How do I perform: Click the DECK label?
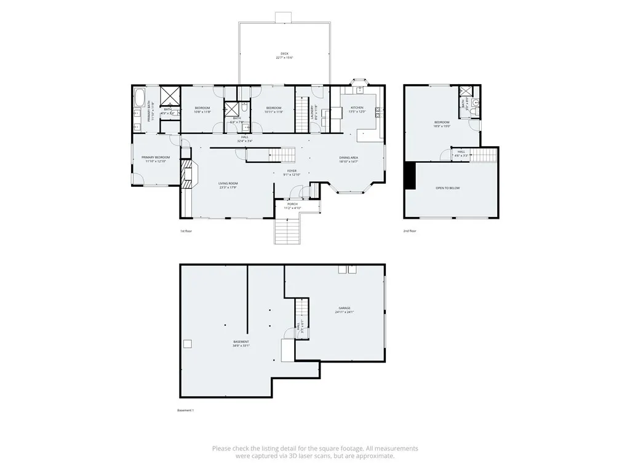(284, 54)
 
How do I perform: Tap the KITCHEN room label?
(357, 108)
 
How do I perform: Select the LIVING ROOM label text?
(228, 183)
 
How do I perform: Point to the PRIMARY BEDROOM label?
(156, 157)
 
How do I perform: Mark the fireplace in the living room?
(187, 175)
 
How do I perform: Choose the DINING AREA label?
(349, 158)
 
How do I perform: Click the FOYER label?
(292, 171)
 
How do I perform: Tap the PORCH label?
(292, 204)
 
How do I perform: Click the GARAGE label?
(344, 309)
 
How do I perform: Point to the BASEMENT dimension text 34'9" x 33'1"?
(241, 346)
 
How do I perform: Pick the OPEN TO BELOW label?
(447, 188)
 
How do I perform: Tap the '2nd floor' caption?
(410, 231)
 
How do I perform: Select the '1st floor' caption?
(186, 231)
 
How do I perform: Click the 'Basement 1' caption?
(185, 411)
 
